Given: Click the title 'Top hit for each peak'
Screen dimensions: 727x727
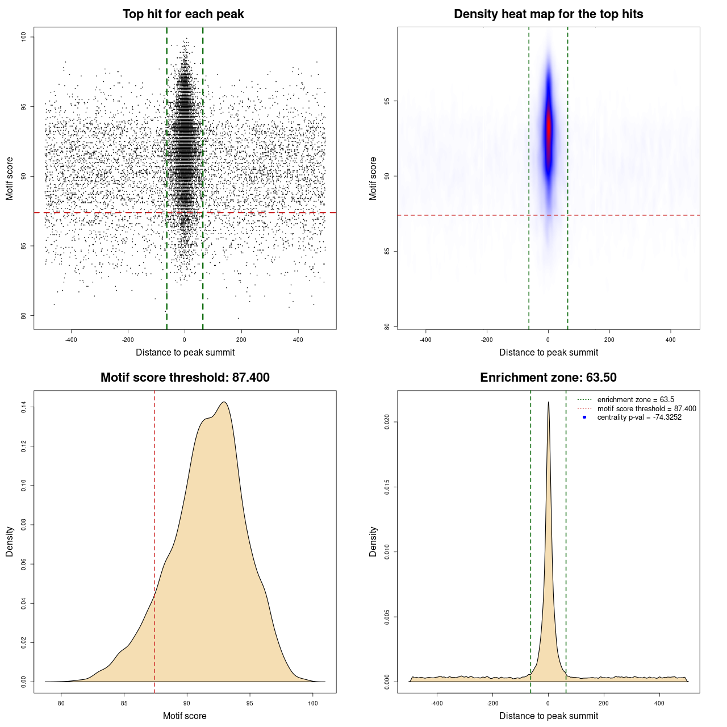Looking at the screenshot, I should coord(183,14).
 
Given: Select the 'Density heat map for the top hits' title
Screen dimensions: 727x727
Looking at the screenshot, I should coord(548,14).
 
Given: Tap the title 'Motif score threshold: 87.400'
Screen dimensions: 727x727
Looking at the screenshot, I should coord(185,378).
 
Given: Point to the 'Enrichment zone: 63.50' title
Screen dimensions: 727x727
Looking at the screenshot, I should coord(548,378).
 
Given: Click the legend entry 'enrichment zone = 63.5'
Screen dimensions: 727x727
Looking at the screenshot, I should coord(636,400).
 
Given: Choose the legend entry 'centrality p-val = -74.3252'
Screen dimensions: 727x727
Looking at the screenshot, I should coord(639,417).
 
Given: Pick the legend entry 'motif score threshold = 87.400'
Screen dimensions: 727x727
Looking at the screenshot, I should coord(646,409).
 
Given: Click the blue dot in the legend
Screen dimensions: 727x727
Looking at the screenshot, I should coord(584,417).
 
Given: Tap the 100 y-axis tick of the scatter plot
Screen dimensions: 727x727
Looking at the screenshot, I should coord(23,37).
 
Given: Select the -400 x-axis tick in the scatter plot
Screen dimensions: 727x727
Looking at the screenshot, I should coord(71,340).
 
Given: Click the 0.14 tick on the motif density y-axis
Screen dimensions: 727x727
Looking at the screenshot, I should coord(23,407).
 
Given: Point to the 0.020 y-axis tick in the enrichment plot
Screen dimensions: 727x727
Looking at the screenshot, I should coord(387,422).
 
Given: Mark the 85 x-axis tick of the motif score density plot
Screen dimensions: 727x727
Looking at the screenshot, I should coord(124,703).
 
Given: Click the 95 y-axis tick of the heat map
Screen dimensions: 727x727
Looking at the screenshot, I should coord(387,101).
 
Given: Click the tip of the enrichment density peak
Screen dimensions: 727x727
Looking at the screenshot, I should coord(548,403).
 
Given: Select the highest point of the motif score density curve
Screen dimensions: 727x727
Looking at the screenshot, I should coord(224,403).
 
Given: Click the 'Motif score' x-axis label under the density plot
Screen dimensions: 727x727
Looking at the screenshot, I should coord(185,716).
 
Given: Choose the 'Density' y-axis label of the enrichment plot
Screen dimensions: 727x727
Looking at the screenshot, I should coord(373,541).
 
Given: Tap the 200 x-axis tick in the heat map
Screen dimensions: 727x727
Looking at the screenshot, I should coord(609,340).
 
